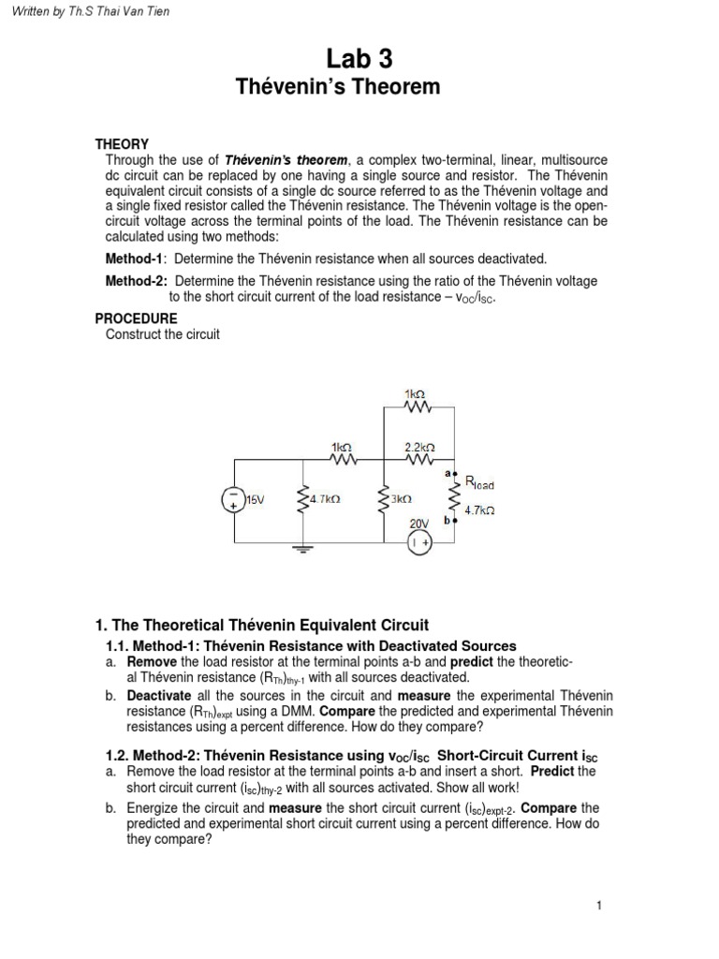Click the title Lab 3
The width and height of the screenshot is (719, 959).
[x=359, y=60]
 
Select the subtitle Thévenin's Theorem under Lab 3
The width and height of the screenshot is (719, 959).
[x=359, y=88]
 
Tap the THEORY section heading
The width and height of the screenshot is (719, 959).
[x=122, y=143]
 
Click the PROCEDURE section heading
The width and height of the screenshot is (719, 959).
[x=137, y=318]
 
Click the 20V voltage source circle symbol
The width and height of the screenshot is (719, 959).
[x=418, y=541]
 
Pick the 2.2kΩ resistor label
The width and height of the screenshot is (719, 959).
[x=419, y=448]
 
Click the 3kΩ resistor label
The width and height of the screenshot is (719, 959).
[x=401, y=500]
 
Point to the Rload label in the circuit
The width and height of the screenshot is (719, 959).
[x=478, y=485]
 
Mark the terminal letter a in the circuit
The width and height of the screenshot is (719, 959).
[x=448, y=474]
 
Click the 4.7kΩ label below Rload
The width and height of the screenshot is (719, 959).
[x=479, y=511]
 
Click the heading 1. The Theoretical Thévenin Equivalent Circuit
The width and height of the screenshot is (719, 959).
[x=262, y=625]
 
